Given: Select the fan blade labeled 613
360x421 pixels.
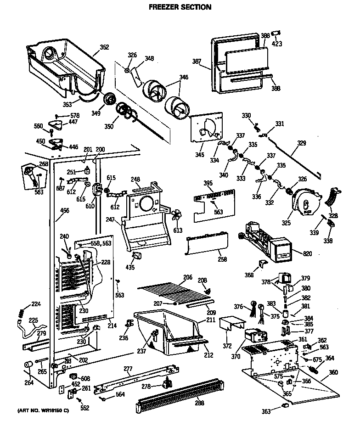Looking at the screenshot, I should (x=176, y=214).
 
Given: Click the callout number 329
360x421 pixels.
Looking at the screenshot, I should (x=301, y=144).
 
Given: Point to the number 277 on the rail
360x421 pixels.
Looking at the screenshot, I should (x=128, y=369).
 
